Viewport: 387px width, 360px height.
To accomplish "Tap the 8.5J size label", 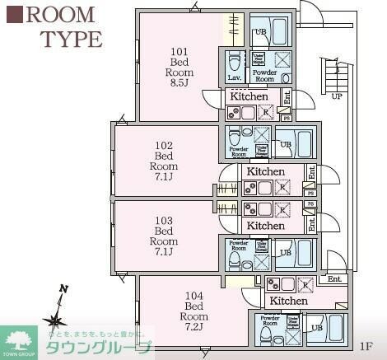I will (x=180, y=82).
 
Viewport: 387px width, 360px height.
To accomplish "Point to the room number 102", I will (x=165, y=144).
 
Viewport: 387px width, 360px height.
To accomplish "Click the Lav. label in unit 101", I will (x=234, y=77).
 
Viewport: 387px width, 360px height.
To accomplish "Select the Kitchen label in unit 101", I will (x=248, y=96).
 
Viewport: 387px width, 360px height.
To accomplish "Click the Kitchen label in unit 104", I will (x=288, y=302).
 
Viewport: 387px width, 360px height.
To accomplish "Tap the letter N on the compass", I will (x=62, y=288).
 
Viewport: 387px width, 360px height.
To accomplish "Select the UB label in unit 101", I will (x=260, y=32).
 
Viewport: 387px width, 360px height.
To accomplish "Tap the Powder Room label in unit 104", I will (x=269, y=320).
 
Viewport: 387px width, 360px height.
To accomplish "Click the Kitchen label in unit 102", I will (x=265, y=171).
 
